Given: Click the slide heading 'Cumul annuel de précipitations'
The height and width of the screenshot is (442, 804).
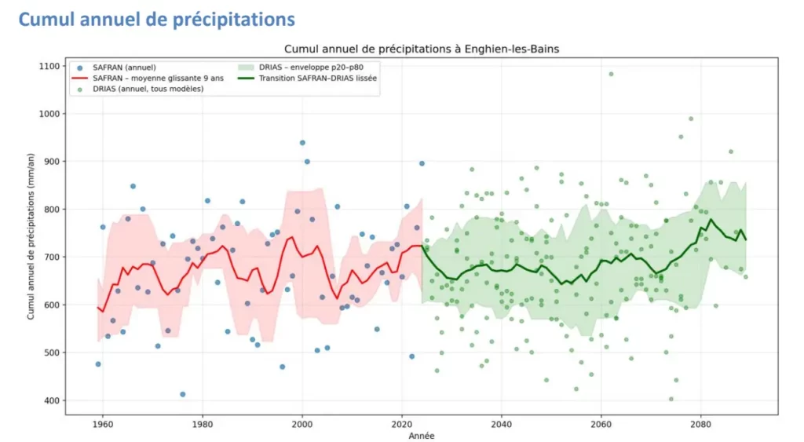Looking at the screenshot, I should (x=156, y=19).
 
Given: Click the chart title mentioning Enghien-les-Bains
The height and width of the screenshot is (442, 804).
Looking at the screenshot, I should (x=422, y=49).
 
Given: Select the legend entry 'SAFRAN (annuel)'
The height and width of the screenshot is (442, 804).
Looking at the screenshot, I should (x=118, y=68).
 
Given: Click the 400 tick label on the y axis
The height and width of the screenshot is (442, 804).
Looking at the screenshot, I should (x=49, y=400).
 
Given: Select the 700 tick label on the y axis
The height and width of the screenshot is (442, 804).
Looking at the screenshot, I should (x=49, y=257).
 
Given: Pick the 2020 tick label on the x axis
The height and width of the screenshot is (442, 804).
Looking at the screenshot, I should (x=402, y=423).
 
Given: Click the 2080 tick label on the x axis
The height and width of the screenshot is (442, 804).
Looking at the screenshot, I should (x=701, y=423).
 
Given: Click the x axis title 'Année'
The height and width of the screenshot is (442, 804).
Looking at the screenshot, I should (x=422, y=435).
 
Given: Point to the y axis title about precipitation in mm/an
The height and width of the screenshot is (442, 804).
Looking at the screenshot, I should (x=31, y=233).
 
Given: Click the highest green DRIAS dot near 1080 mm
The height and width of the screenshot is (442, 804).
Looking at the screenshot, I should (x=611, y=75).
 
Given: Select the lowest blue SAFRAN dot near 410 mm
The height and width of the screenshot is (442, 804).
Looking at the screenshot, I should (x=183, y=394).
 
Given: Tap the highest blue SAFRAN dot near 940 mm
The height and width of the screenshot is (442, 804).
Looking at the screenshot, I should (x=302, y=143).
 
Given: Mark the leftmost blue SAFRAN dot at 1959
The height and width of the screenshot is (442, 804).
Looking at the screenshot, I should (x=98, y=364).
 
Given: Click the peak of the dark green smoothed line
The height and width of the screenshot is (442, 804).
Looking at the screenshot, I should (x=711, y=220).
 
